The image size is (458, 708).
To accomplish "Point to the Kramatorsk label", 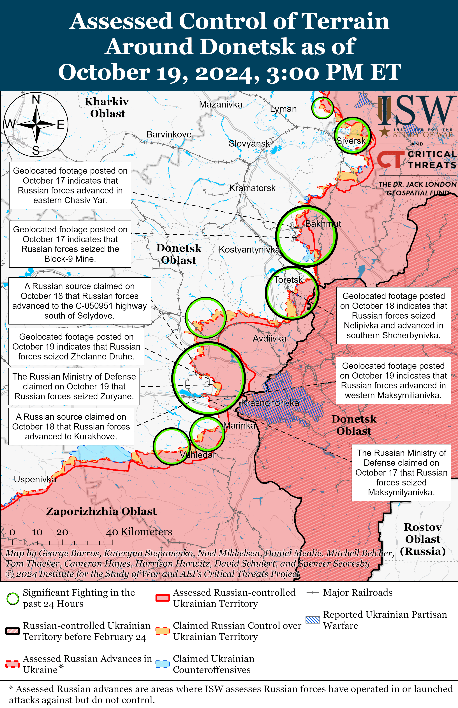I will click(252, 188).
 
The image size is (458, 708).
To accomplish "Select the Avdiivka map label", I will click(269, 338).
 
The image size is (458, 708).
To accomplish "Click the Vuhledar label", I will click(197, 455).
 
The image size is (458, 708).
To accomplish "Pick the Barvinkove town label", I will click(169, 134).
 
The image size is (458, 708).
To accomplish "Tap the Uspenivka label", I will click(35, 479).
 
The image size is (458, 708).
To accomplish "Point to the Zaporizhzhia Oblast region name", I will click(101, 511).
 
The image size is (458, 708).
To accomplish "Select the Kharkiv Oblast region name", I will click(107, 108).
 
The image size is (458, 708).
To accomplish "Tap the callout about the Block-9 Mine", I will click(70, 244).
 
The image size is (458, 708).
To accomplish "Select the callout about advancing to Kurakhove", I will click(71, 426).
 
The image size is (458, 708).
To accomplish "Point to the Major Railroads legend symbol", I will click(313, 593).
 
